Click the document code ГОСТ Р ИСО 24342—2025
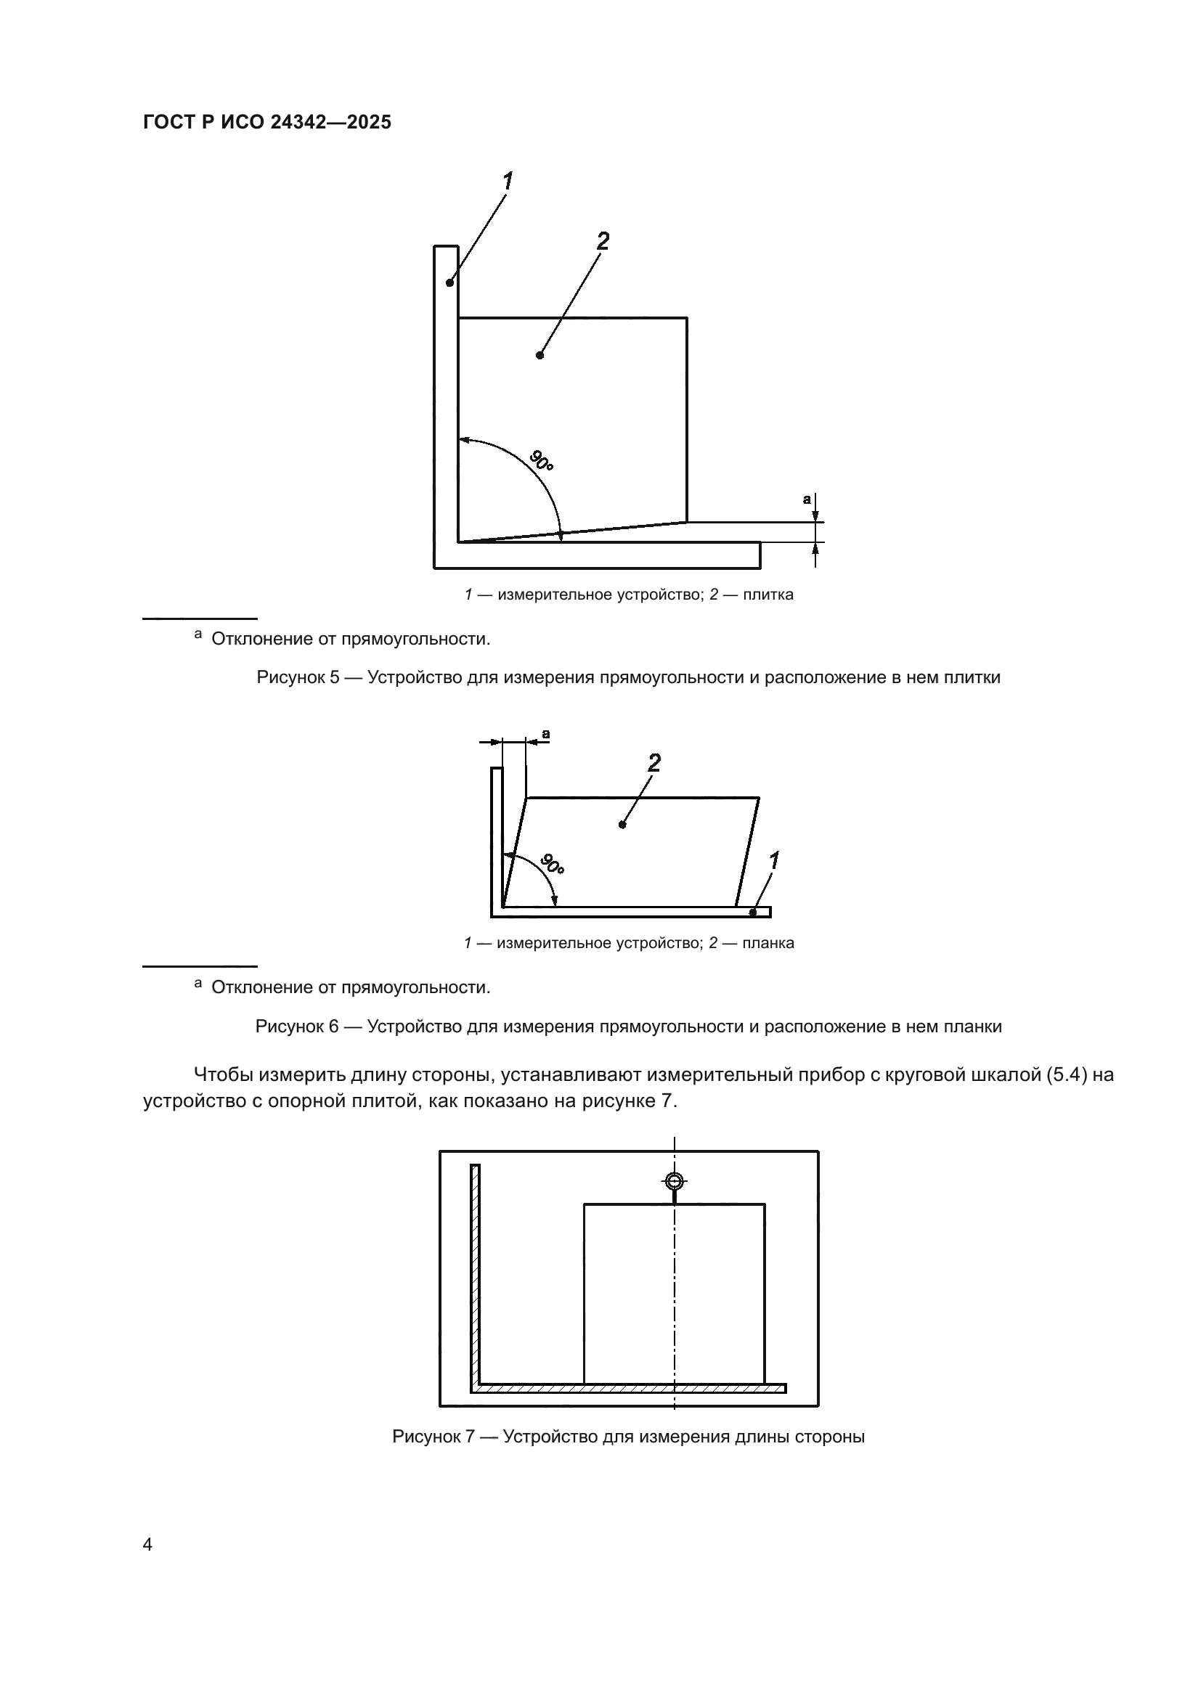(x=267, y=123)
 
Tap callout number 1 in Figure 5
(x=508, y=181)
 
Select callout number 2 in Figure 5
(x=603, y=241)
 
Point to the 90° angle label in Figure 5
(x=542, y=461)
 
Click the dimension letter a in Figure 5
(x=807, y=499)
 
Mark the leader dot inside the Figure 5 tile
(x=540, y=355)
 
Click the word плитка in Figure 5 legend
(x=768, y=595)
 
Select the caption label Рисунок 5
(x=297, y=677)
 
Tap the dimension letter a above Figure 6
(x=546, y=734)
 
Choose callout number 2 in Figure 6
(x=654, y=762)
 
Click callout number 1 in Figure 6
(x=773, y=861)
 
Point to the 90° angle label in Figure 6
(x=552, y=864)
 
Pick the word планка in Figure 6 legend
(x=768, y=943)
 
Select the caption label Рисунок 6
(x=296, y=1026)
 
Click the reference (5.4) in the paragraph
(x=1066, y=1075)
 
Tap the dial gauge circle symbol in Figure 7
(x=675, y=1181)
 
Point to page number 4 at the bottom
(x=147, y=1545)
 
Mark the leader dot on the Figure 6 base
(x=753, y=913)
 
